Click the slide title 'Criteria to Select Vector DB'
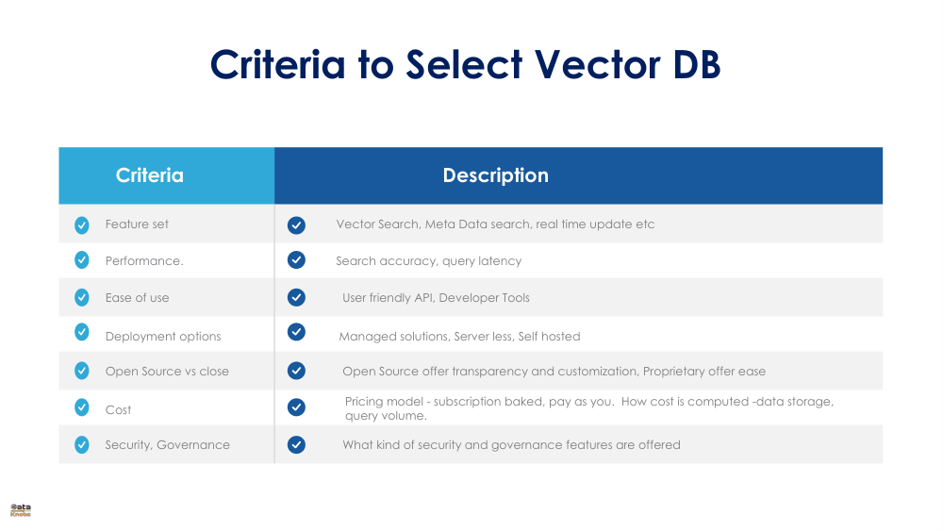[x=465, y=64]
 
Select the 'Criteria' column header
[x=149, y=175]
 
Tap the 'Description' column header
[x=495, y=175]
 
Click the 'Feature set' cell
[x=137, y=224]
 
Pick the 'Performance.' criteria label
[x=143, y=261]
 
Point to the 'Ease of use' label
[x=137, y=298]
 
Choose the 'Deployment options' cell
[x=162, y=337]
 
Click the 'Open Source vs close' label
[x=167, y=372]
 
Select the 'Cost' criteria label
[x=118, y=410]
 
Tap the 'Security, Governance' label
[x=167, y=445]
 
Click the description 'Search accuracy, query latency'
[x=428, y=261]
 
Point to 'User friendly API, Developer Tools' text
[x=436, y=298]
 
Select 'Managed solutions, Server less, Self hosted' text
[x=459, y=337]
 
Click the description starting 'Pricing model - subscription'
[x=588, y=408]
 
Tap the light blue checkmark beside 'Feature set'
[x=82, y=224]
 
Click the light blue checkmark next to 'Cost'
[x=82, y=407]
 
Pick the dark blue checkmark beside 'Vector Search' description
[x=296, y=224]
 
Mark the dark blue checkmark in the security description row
[x=296, y=444]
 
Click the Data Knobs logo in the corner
[x=21, y=510]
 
